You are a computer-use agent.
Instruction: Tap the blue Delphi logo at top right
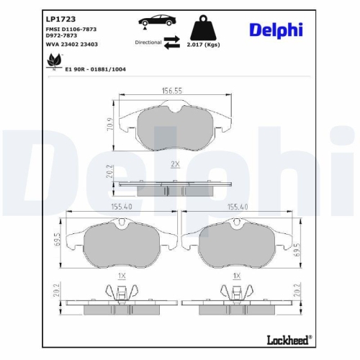coord(276,30)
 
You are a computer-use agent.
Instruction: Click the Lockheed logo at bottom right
coord(289,338)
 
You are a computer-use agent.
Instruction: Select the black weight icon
coord(202,28)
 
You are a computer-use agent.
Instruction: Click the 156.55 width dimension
coord(170,91)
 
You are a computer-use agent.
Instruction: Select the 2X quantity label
coord(174,163)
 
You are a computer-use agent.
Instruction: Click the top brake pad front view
coord(172,127)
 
